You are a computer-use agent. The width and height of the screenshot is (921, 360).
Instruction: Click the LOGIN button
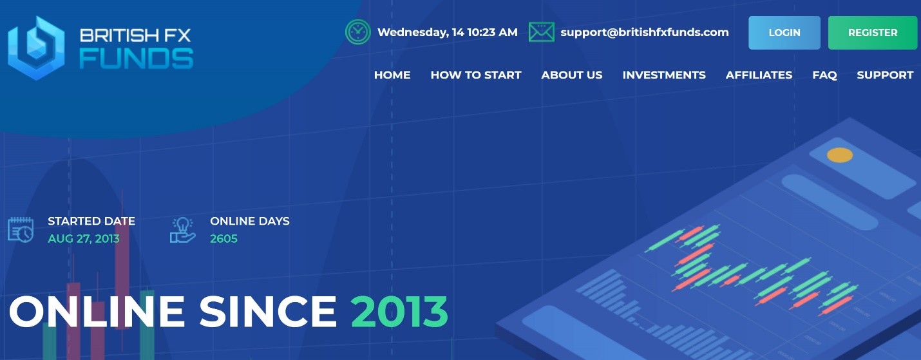point(784,33)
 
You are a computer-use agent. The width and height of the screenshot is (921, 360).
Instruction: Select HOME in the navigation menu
point(392,75)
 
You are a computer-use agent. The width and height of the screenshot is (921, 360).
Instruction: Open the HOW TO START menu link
point(476,75)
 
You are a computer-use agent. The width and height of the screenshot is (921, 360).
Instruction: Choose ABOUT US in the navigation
point(571,75)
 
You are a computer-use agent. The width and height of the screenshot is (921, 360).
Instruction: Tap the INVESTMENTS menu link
point(664,75)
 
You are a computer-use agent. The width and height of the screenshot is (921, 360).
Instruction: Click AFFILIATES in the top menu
point(759,75)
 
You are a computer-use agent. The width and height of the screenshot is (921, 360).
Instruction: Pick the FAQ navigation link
point(825,75)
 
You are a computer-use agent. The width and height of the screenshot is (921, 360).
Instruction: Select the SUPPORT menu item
point(885,75)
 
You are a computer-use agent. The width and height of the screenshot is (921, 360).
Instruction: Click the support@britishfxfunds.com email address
point(645,32)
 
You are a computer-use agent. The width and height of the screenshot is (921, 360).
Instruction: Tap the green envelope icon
point(541,32)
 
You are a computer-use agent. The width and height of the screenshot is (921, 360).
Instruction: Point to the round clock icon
point(357,32)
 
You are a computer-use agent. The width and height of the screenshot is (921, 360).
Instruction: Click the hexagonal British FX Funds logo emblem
point(36,48)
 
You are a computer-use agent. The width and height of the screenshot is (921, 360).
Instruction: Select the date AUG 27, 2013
point(84,239)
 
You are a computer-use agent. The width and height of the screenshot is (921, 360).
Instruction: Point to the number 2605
point(223,239)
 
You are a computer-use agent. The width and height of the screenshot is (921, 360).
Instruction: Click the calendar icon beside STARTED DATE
point(21,230)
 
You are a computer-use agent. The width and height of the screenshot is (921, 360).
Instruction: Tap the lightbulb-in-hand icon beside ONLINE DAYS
point(182,230)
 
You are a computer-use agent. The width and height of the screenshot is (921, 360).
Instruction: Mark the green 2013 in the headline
point(399,312)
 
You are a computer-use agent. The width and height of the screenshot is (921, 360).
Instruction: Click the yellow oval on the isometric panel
point(840,155)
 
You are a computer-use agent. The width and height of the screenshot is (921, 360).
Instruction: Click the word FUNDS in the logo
point(136,59)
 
